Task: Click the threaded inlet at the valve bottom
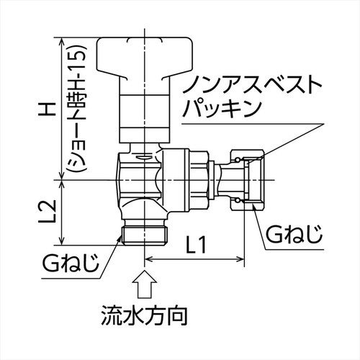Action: point(144,232)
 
